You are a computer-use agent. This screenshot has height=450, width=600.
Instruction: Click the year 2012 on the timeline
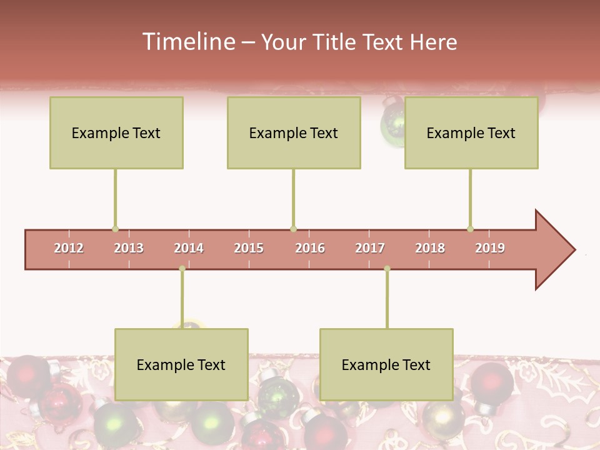[x=69, y=248]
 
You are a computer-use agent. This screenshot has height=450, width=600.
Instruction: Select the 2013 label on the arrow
[x=129, y=248]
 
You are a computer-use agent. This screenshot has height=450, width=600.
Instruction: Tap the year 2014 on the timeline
[x=189, y=248]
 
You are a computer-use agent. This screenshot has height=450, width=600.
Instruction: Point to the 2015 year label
[x=249, y=248]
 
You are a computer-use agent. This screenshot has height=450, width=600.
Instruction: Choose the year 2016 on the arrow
[x=310, y=248]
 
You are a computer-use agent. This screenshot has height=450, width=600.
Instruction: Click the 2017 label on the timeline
[x=370, y=248]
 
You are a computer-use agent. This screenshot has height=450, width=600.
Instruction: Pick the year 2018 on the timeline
[x=430, y=248]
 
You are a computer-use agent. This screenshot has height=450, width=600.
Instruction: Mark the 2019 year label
[x=490, y=248]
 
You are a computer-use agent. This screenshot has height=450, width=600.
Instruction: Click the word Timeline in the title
[x=187, y=42]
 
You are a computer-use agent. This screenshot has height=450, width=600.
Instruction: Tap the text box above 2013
[x=116, y=132]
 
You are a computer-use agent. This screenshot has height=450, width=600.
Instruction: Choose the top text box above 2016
[x=294, y=132]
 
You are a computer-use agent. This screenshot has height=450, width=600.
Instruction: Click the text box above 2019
[x=471, y=132]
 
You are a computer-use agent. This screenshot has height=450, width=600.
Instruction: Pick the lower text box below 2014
[x=181, y=364]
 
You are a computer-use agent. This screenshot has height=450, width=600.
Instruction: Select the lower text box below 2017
[x=386, y=364]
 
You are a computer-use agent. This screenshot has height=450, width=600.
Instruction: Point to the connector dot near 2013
[x=115, y=229]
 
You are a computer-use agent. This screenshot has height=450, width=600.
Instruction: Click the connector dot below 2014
[x=182, y=269]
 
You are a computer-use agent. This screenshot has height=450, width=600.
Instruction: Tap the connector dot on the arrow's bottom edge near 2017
[x=387, y=269]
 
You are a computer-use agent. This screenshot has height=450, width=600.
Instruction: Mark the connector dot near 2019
[x=470, y=229]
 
